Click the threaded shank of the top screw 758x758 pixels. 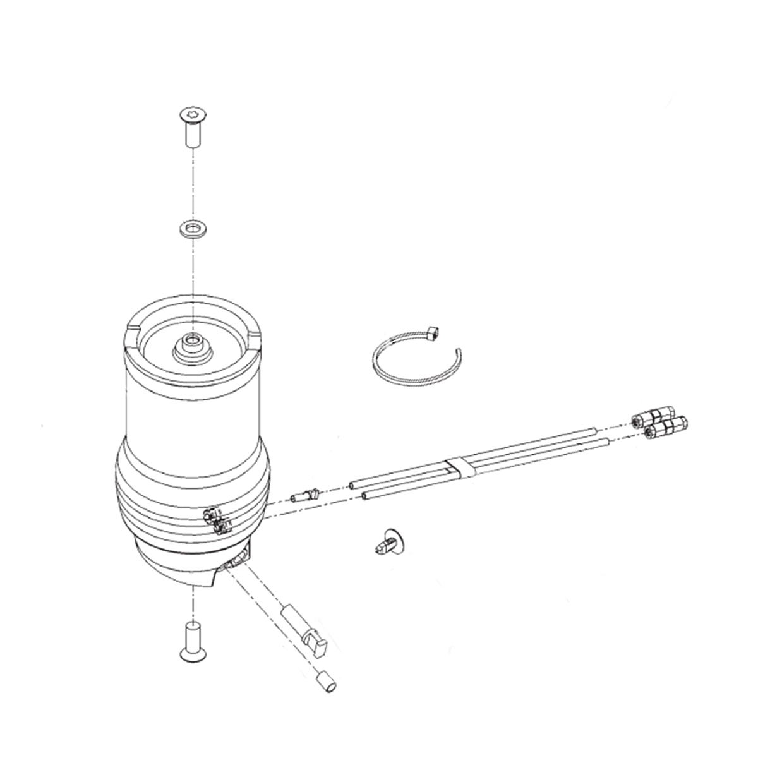191,135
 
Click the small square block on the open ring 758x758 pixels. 432,332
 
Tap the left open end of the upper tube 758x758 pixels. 351,485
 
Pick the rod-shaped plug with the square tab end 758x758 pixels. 306,631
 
